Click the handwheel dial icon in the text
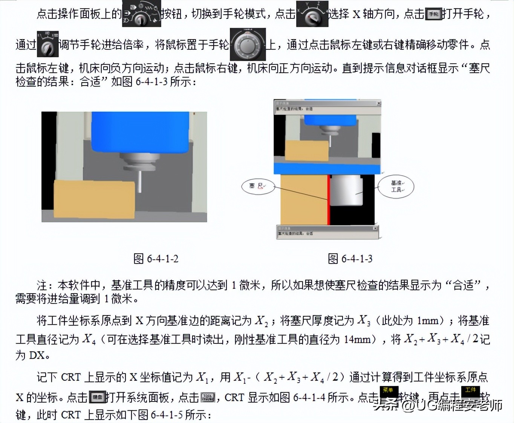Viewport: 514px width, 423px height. click(248, 45)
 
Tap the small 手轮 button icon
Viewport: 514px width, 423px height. click(433, 14)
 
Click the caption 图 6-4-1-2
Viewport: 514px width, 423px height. click(156, 259)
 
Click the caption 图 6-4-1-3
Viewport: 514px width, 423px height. click(350, 259)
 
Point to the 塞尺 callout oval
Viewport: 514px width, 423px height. click(258, 186)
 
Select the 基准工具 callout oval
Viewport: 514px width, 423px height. click(396, 186)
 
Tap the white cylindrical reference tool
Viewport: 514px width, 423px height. click(346, 192)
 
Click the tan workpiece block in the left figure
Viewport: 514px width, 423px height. click(94, 199)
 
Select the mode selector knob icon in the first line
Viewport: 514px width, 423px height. click(141, 14)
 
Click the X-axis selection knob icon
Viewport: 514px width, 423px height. click(312, 14)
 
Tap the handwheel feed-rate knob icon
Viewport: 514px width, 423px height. click(47, 44)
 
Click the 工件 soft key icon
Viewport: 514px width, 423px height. click(470, 393)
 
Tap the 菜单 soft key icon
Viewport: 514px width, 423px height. click(388, 393)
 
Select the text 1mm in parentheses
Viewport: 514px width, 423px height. click(428, 321)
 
